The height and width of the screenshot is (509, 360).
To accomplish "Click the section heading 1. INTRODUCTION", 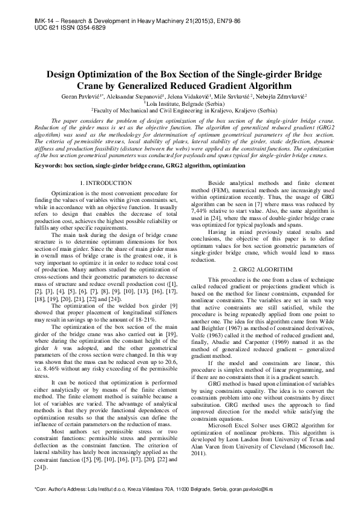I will tap(106, 183).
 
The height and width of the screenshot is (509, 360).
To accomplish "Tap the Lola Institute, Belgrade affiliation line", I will tap(180, 103).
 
